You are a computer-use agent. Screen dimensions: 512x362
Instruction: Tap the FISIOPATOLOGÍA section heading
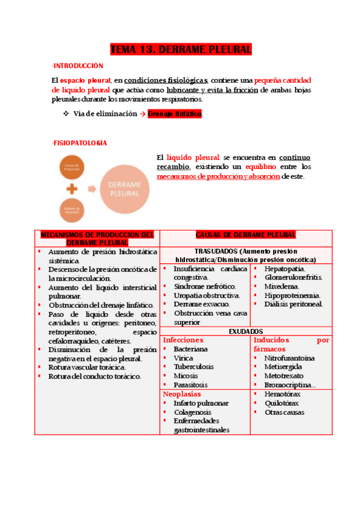coord(80,143)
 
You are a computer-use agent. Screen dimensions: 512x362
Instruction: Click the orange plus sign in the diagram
coord(72,188)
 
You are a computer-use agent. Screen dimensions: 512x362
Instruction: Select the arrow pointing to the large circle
coord(91,188)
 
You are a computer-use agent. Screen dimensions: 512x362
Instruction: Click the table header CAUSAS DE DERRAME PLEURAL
coord(245,235)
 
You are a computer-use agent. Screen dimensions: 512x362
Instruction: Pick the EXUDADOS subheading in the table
coord(245,331)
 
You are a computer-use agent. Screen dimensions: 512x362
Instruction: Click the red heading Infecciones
coord(183,341)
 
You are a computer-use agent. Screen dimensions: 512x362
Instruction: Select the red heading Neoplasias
coord(182,394)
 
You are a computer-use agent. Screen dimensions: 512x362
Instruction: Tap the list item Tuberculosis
coord(193,366)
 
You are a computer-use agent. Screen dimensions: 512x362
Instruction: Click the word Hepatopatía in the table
coord(284,268)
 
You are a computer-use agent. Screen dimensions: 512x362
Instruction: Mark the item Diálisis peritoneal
coord(293,304)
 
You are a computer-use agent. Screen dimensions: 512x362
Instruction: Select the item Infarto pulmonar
coord(201,403)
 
